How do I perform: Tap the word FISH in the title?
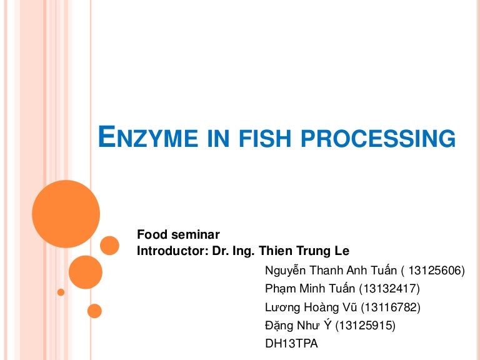click(x=268, y=137)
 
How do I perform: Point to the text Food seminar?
click(x=178, y=235)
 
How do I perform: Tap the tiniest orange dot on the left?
click(x=61, y=292)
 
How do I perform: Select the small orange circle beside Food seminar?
click(x=109, y=245)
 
